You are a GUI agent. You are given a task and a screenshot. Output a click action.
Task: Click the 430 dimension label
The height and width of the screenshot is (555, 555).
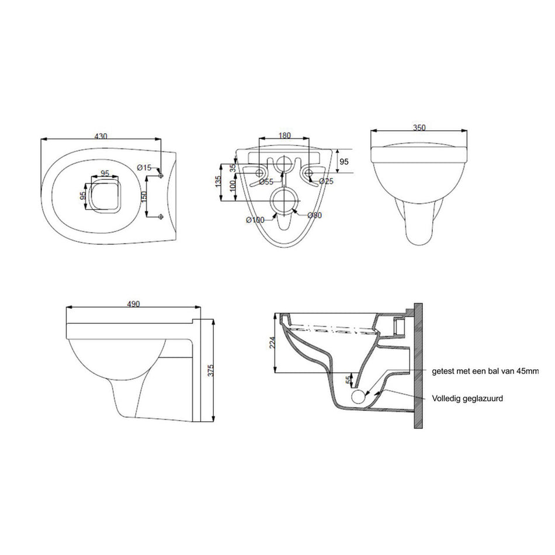coord(101,136)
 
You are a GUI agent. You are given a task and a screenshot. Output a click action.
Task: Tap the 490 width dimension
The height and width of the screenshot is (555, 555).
coord(133,304)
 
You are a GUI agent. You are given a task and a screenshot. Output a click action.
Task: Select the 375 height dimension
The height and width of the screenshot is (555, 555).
coord(211,371)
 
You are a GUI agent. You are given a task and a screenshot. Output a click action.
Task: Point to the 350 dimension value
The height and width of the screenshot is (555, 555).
coord(419,127)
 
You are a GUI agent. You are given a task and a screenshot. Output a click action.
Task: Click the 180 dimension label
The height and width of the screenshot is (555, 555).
coord(285,135)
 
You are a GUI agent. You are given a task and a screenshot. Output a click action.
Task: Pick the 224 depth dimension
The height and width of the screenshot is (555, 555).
coord(272,342)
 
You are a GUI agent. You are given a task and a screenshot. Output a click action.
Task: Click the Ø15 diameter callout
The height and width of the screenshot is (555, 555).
coord(144,168)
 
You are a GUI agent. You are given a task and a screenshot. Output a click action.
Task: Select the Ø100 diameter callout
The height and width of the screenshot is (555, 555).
coord(255,220)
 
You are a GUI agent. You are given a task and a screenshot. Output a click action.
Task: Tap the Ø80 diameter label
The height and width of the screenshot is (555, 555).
coord(315,215)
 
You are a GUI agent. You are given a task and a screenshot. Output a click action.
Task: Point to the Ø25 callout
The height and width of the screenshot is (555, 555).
coord(326,181)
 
